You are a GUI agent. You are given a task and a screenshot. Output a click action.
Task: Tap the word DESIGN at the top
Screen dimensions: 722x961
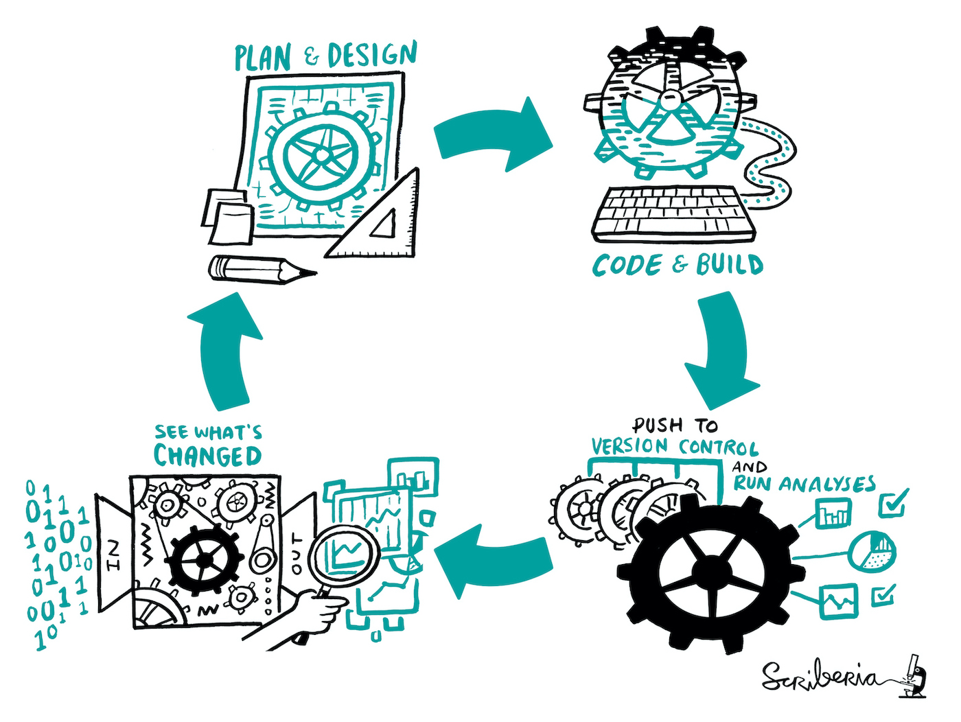coord(372,55)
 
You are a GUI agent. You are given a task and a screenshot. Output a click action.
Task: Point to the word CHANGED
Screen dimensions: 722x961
coord(207,456)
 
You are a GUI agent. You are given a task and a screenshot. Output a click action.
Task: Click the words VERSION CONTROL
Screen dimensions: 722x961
coord(675,447)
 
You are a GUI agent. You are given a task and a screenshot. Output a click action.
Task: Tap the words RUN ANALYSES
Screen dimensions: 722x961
coord(804,484)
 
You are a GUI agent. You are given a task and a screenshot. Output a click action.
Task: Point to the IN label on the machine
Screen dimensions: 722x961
coord(113,555)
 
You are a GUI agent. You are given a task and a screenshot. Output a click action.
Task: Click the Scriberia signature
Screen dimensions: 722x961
coord(820,677)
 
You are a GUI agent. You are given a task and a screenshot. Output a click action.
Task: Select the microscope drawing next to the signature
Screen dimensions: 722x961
coord(914,676)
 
